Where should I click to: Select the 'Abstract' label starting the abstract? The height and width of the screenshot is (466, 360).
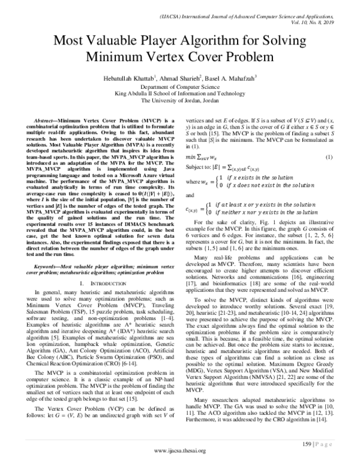47,120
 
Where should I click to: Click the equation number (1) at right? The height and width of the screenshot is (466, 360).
328,156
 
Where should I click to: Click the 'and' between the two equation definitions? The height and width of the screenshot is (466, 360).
191,195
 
